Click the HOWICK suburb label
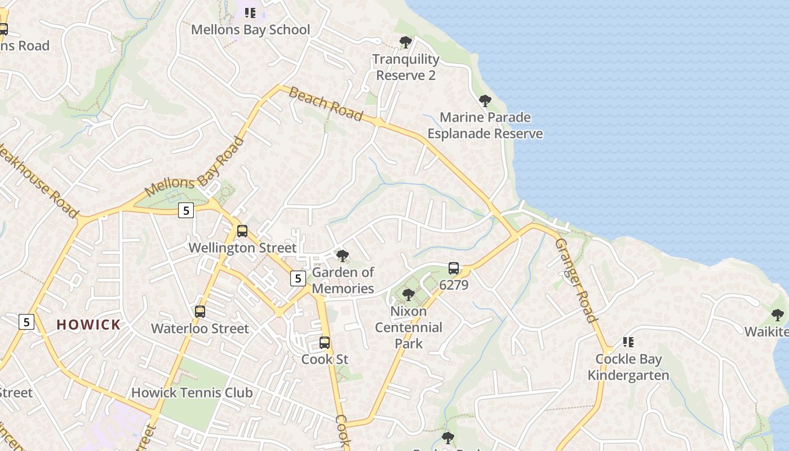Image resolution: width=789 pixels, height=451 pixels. (x=88, y=325)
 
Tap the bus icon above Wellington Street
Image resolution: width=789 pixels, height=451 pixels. (x=242, y=231)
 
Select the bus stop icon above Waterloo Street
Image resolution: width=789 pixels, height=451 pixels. (x=200, y=312)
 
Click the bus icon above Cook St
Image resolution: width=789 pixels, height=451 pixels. (x=324, y=342)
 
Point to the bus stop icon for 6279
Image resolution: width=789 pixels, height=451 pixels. (x=454, y=268)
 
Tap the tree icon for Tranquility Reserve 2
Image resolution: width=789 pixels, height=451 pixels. (x=405, y=42)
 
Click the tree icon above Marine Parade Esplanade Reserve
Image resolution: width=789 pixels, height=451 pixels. (x=485, y=101)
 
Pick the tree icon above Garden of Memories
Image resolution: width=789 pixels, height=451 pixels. (x=342, y=256)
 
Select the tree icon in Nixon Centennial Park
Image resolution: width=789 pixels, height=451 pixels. (x=409, y=294)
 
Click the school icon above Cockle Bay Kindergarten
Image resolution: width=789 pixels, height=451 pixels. (x=628, y=342)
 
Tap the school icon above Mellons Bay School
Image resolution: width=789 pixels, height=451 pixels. (x=250, y=12)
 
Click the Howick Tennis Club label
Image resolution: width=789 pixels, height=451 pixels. (x=192, y=392)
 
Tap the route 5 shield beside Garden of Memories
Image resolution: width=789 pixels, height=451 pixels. (x=298, y=278)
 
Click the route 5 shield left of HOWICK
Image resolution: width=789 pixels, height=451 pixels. (x=26, y=322)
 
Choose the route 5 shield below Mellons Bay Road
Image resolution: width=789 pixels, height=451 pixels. (x=185, y=210)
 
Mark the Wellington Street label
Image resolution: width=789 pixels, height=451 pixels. (x=242, y=247)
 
